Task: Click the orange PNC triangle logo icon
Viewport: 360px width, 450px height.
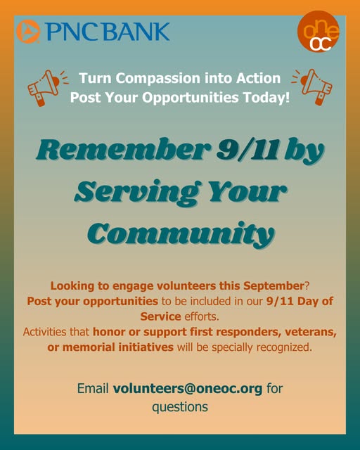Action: click(x=28, y=32)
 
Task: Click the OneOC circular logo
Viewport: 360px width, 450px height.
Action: click(x=318, y=32)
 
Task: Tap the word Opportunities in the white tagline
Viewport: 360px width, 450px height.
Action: click(x=191, y=98)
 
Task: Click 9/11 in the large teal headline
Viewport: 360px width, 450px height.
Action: click(x=247, y=150)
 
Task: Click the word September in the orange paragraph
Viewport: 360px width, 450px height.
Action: click(x=274, y=286)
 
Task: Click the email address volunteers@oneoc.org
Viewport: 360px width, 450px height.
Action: click(x=188, y=389)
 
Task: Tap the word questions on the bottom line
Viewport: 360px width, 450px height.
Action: click(x=180, y=408)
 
